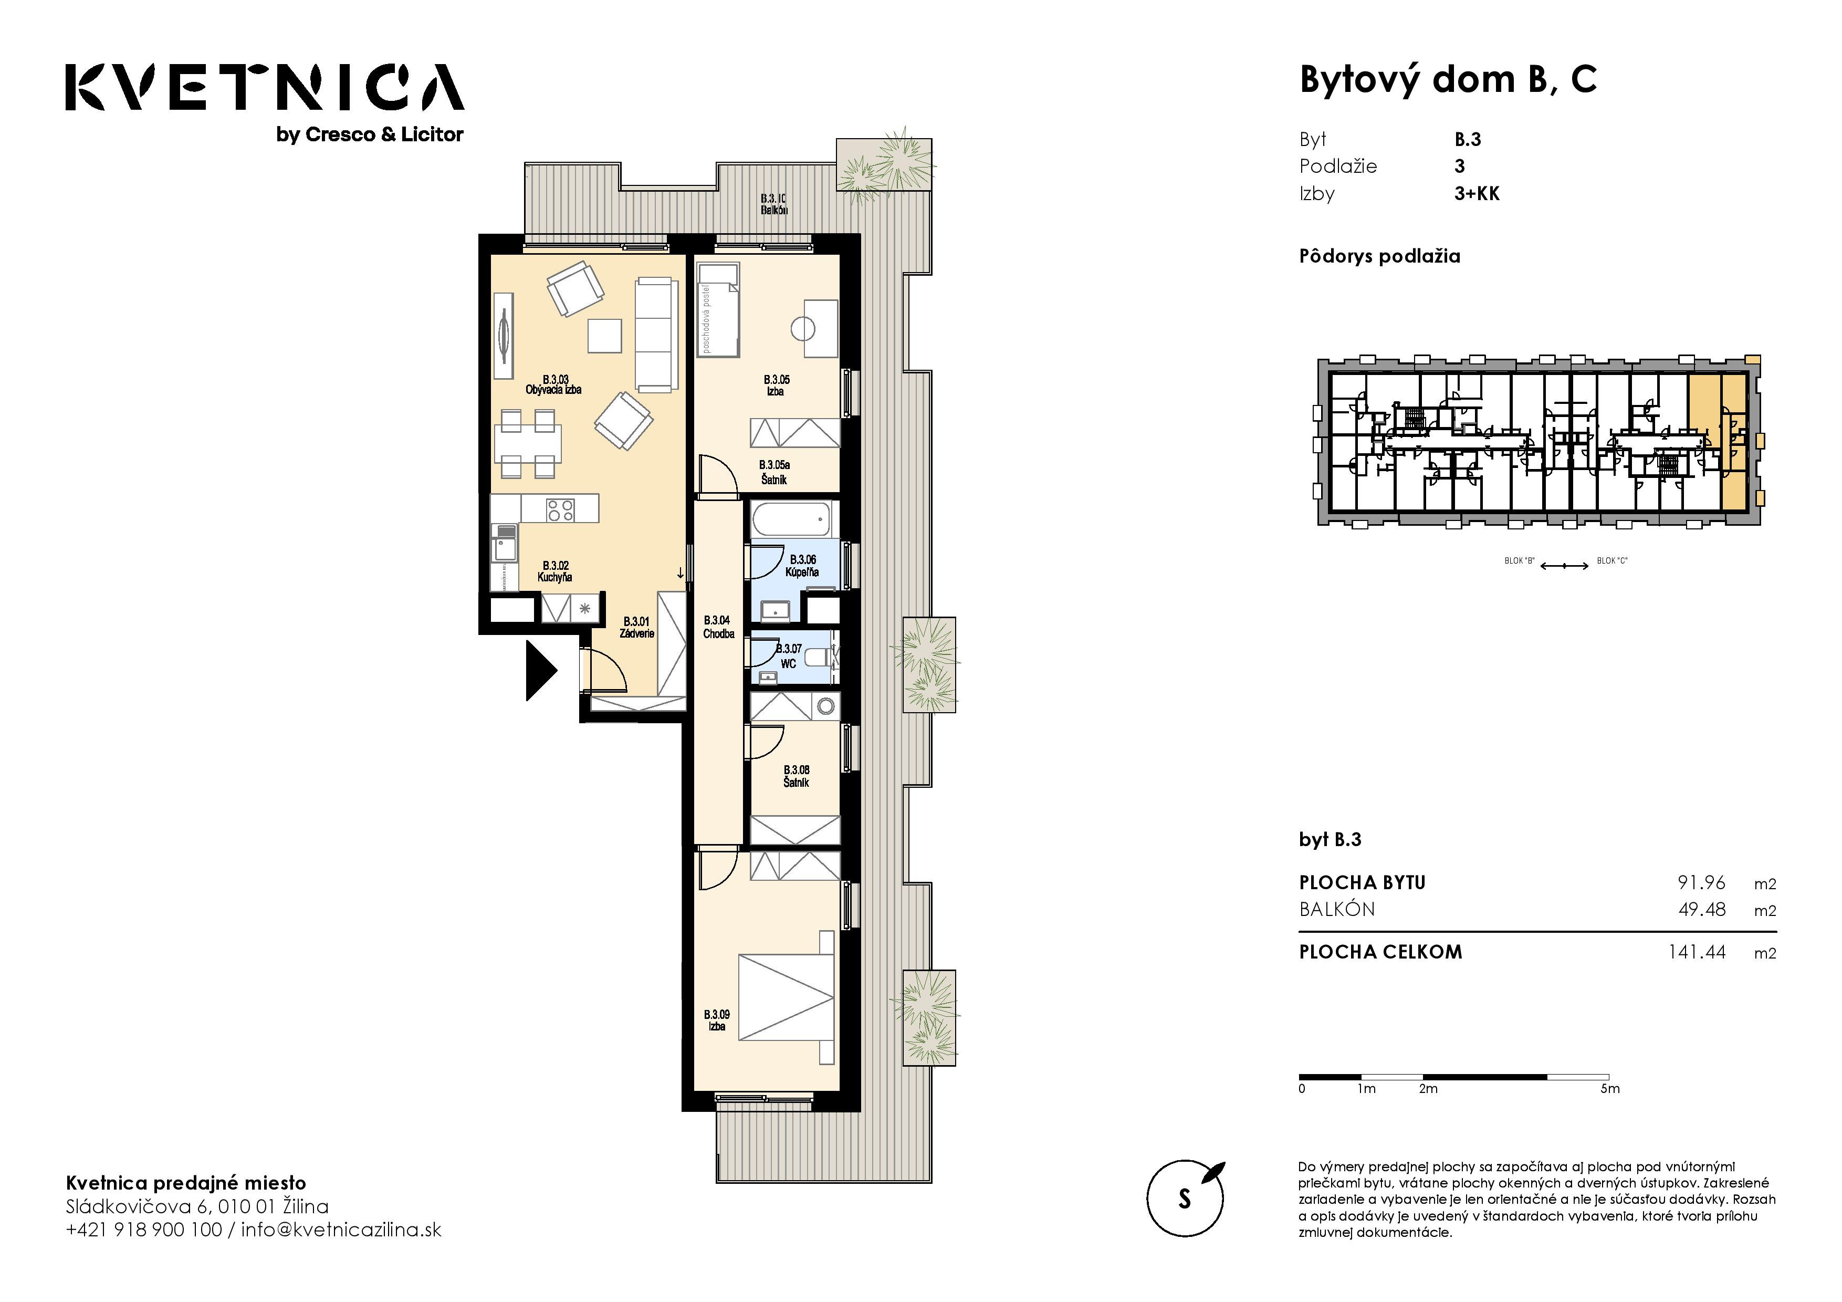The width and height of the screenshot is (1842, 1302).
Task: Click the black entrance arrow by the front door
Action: pos(540,670)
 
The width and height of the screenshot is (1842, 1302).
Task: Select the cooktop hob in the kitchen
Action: pos(560,509)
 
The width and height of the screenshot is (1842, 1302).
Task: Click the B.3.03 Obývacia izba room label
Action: pos(553,384)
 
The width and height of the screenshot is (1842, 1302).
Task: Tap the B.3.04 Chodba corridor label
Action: pos(718,627)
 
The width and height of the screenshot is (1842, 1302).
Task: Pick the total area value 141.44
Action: pos(1697,952)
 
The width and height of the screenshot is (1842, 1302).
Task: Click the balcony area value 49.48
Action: pos(1702,910)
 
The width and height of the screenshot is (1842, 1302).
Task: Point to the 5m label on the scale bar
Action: pos(1610,1089)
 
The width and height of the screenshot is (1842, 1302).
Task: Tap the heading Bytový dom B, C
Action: pos(1448,79)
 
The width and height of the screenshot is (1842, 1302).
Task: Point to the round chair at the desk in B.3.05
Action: pos(803,328)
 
